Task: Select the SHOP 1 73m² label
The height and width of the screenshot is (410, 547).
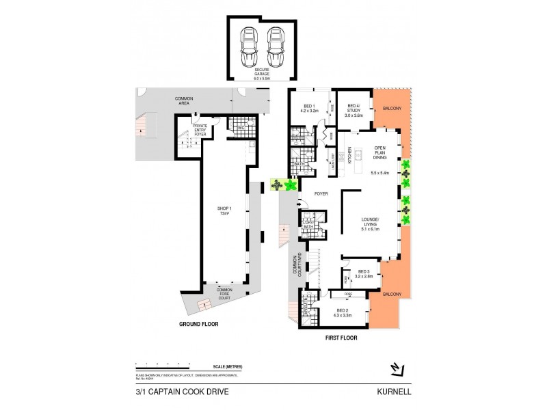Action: point(224,211)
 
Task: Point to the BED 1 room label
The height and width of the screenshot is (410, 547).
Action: point(310,107)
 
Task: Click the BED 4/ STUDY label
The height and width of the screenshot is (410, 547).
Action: point(353,109)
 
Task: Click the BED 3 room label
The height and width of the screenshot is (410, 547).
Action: point(362,273)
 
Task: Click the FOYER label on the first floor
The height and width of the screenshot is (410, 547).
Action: point(321,194)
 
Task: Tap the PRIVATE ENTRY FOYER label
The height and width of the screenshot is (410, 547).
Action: point(200,129)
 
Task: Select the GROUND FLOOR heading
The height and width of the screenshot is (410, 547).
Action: point(198,323)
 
